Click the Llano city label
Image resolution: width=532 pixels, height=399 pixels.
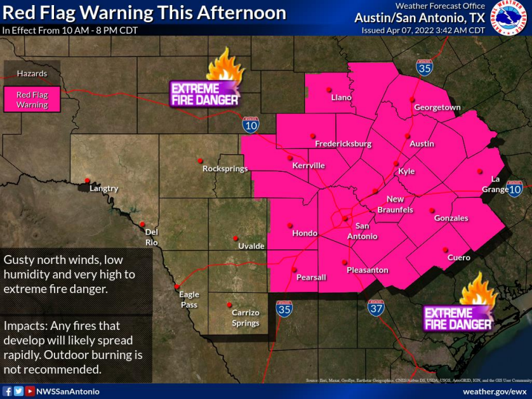(x=341, y=98)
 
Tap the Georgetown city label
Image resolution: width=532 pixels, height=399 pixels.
(x=437, y=107)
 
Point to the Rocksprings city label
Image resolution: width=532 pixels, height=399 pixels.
(x=225, y=169)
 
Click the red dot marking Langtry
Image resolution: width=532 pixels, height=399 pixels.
(x=88, y=180)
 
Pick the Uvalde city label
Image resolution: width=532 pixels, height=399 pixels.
(x=251, y=246)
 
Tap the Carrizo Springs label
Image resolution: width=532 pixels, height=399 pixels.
(x=245, y=318)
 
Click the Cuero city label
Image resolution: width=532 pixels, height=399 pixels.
(x=458, y=258)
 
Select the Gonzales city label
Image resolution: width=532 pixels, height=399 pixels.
(x=451, y=218)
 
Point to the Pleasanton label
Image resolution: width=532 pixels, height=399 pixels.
(x=367, y=270)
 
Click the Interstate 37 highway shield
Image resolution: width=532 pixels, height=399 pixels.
(x=375, y=308)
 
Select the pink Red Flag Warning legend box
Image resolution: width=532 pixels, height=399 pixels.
(x=32, y=100)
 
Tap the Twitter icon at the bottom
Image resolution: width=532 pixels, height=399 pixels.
(x=18, y=391)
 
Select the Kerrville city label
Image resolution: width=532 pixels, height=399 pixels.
(x=309, y=166)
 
